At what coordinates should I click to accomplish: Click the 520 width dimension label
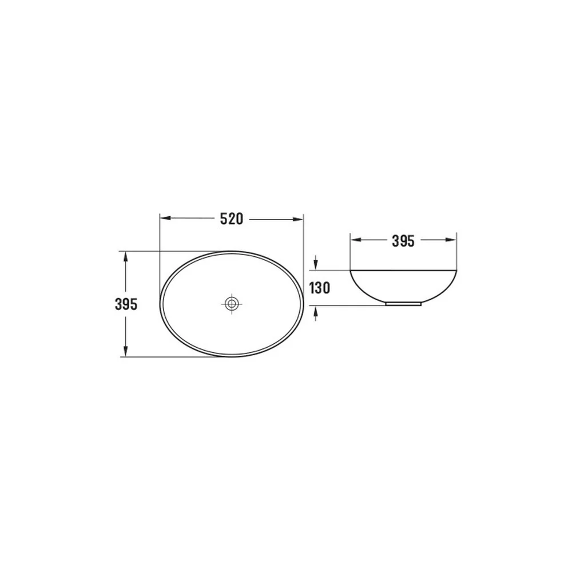[x=231, y=219]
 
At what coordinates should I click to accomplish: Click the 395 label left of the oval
[x=126, y=304]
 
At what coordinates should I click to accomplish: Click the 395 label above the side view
[x=403, y=241]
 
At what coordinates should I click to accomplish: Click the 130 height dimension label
[x=320, y=288]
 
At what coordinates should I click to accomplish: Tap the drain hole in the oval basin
[x=231, y=304]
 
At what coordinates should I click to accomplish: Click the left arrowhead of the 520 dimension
[x=165, y=219]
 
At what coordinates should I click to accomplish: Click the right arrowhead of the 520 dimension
[x=298, y=219]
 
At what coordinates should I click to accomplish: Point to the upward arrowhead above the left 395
[x=126, y=257]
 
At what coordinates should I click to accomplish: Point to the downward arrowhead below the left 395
[x=126, y=351]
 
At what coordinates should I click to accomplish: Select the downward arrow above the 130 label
[x=316, y=263]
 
